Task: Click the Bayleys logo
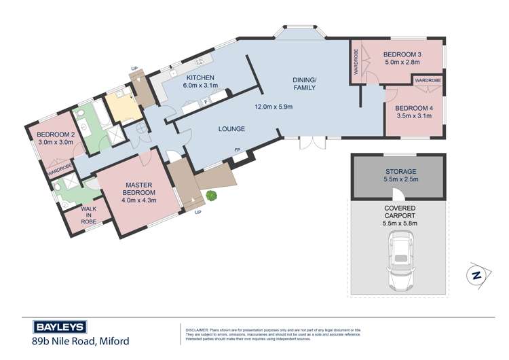(x=60, y=327)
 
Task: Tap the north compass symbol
(x=478, y=276)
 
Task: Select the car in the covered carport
(x=400, y=261)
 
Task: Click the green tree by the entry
(x=212, y=195)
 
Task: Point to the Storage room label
(x=401, y=172)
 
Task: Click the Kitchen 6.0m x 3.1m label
(x=200, y=82)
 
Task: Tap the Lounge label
(x=231, y=129)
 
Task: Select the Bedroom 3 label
(x=402, y=54)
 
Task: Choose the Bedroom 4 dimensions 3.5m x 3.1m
(x=414, y=115)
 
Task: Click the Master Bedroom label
(x=139, y=189)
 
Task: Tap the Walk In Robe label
(x=89, y=215)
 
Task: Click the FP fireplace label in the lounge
(x=238, y=150)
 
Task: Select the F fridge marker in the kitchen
(x=206, y=102)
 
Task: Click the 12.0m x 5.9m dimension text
(x=274, y=107)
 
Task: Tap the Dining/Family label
(x=304, y=84)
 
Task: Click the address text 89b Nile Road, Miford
(x=81, y=341)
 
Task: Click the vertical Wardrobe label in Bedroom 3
(x=356, y=62)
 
